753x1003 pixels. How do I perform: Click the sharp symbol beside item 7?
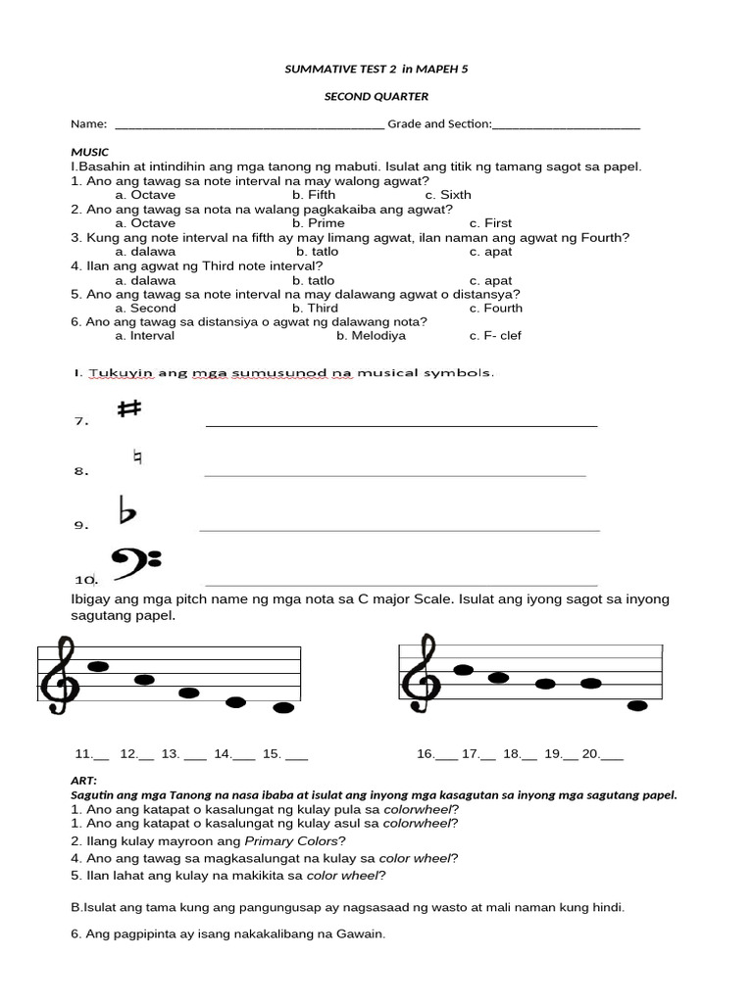tap(128, 410)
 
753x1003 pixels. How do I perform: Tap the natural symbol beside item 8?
tap(137, 457)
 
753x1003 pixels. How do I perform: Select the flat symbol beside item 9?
tap(126, 511)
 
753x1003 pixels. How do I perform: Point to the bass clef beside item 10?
tap(136, 562)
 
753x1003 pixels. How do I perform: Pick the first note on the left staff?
tap(98, 666)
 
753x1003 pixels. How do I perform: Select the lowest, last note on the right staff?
tap(638, 705)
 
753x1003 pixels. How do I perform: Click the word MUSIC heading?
tap(90, 153)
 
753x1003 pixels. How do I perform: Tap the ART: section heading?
tap(84, 781)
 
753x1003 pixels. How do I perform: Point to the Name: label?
tap(88, 123)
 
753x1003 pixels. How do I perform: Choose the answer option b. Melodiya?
tap(371, 335)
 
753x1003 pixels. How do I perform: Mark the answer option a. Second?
tap(145, 308)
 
